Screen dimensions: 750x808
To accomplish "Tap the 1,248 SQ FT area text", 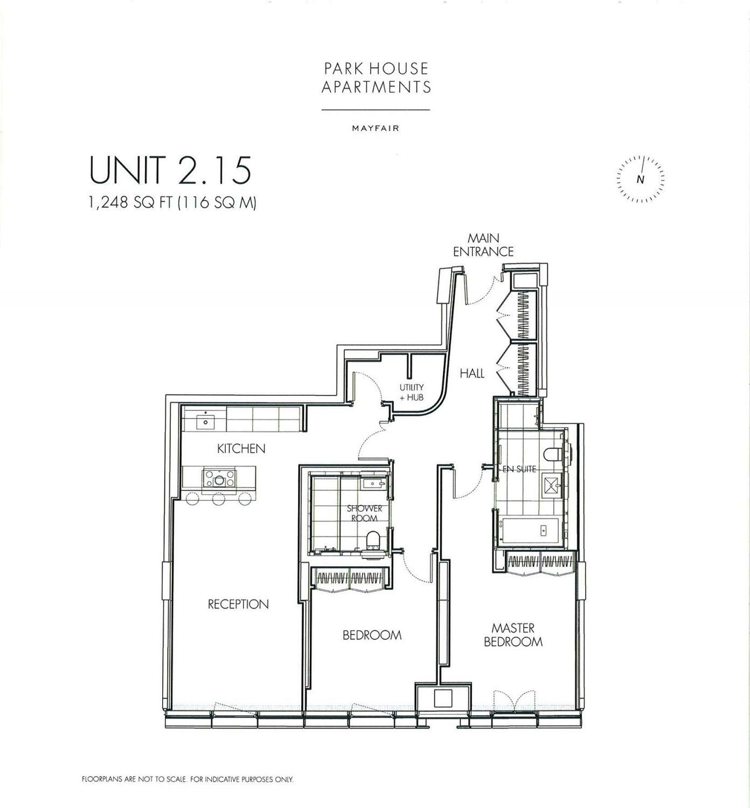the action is [x=173, y=202].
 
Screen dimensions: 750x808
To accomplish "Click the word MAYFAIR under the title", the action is [x=375, y=128].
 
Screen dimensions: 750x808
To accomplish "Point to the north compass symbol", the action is [x=641, y=179].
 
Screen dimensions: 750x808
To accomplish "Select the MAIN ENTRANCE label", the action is [x=483, y=245].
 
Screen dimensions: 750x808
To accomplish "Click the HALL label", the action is [x=472, y=373].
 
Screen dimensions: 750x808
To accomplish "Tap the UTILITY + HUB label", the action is [x=412, y=392].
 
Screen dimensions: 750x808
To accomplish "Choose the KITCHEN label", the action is [x=241, y=449].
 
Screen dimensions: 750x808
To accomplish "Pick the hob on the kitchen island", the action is [x=219, y=478].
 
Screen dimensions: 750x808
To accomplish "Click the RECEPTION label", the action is [x=238, y=604].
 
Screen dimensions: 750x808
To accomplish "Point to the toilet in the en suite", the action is [x=553, y=454].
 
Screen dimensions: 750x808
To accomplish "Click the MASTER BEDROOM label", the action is [x=513, y=635].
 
